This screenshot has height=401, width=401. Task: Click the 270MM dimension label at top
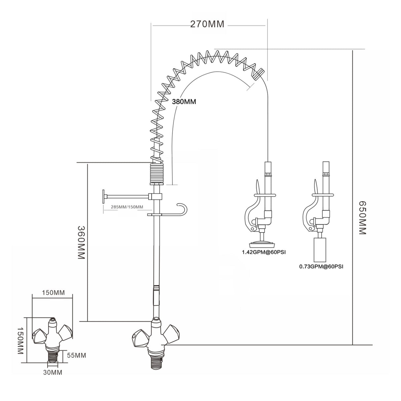[x=207, y=24]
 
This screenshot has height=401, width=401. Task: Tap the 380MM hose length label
[x=184, y=102]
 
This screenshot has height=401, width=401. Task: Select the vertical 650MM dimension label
[x=362, y=218]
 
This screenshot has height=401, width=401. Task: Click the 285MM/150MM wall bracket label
[x=127, y=207]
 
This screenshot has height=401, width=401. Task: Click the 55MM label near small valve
[x=76, y=355]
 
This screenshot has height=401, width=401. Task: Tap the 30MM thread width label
[x=53, y=373]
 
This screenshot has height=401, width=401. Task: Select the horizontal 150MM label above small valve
[x=53, y=293]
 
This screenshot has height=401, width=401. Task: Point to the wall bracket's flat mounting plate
[x=103, y=197]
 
